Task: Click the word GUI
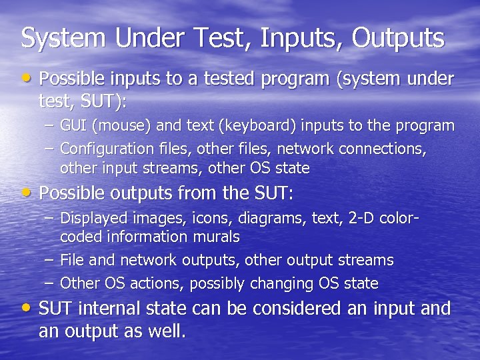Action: tap(73, 125)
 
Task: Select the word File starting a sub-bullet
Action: tap(72, 260)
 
